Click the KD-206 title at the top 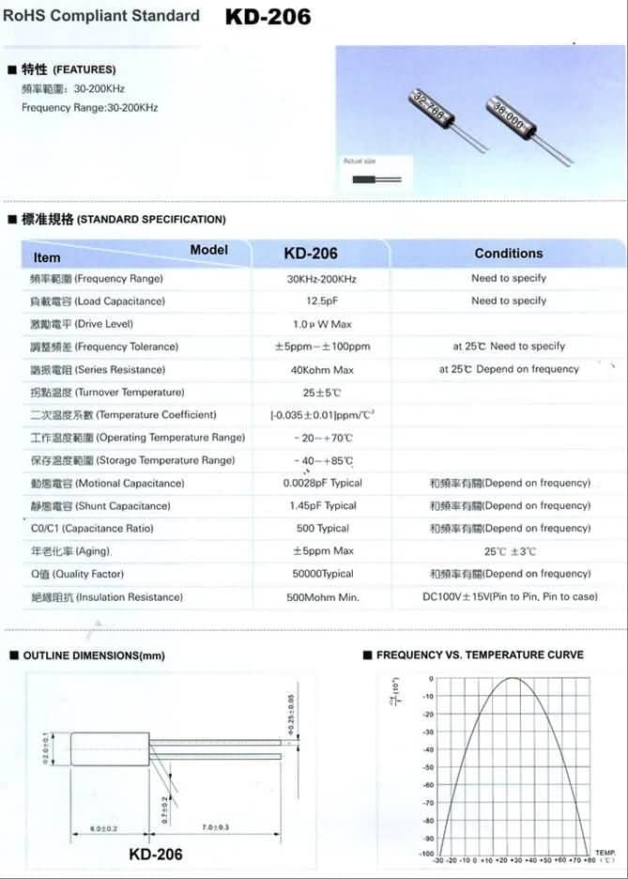click(268, 16)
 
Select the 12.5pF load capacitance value click(321, 301)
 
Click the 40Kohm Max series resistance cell click(321, 370)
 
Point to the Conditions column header click(509, 254)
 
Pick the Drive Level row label click(85, 324)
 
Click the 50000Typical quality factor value click(321, 574)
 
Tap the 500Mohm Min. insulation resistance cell click(321, 597)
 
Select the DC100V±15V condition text click(510, 597)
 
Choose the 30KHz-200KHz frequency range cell click(321, 279)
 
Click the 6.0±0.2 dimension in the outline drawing click(103, 827)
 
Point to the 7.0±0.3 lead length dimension click(217, 827)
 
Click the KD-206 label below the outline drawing click(155, 855)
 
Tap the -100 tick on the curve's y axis click(427, 855)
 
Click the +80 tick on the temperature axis click(590, 860)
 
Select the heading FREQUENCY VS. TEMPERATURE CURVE click(480, 655)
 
